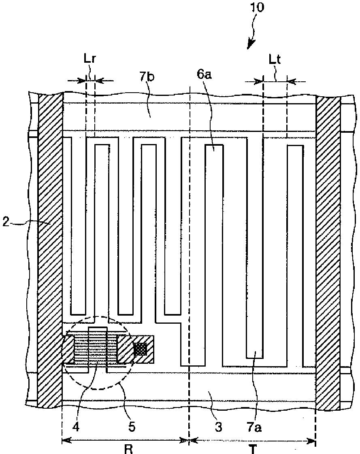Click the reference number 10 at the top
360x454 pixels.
[259, 8]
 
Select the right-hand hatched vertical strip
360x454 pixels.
[327, 251]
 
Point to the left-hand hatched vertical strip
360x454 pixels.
[49, 251]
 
